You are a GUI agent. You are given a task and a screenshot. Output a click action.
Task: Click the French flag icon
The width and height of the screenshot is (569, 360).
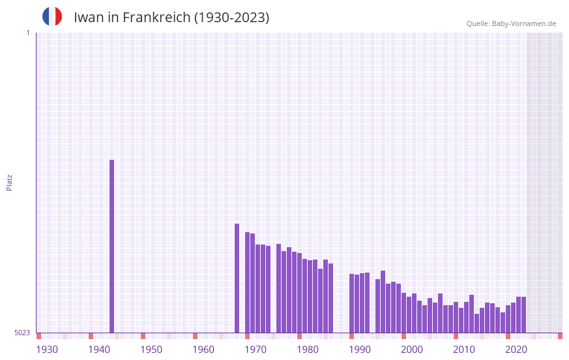[x=52, y=16]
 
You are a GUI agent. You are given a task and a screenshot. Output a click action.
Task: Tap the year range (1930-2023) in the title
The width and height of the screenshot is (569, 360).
[x=231, y=18]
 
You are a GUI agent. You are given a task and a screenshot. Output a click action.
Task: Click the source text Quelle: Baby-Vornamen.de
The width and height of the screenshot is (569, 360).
[x=511, y=23]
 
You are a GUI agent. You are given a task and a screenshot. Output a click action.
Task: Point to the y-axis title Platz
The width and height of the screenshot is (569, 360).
[x=9, y=182]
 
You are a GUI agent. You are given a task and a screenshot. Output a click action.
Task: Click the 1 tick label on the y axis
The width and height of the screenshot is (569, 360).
[x=27, y=33]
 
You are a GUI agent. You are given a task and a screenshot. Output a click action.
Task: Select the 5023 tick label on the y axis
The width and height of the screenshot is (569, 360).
[x=22, y=333]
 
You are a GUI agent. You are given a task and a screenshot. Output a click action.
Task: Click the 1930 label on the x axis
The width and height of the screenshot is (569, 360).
[x=47, y=350]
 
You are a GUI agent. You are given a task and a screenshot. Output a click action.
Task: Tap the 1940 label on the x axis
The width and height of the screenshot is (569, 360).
[x=99, y=350]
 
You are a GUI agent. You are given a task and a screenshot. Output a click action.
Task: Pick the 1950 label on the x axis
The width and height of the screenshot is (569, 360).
[x=151, y=350]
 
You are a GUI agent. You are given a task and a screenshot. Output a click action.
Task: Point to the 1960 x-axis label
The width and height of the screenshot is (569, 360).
[x=203, y=350]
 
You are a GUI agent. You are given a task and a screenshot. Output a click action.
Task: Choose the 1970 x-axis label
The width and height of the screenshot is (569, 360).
[x=255, y=350]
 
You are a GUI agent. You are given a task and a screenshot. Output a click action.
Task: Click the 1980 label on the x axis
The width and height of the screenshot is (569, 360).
[x=308, y=350]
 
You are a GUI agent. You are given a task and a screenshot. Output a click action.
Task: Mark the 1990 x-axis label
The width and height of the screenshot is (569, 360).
[x=360, y=350]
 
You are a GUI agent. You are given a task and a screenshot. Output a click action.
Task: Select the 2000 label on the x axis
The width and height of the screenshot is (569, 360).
[x=412, y=350]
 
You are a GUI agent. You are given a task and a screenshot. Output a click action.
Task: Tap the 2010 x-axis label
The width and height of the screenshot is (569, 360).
[x=464, y=350]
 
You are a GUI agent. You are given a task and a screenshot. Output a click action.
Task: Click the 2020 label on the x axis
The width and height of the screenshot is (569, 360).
[x=516, y=350]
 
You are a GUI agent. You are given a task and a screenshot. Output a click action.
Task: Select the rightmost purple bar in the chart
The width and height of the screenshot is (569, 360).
[x=523, y=314]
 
